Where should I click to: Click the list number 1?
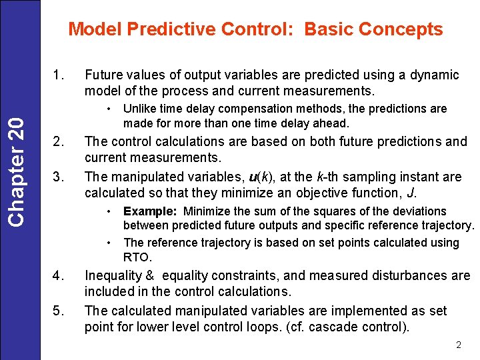(58, 75)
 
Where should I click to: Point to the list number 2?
(58, 142)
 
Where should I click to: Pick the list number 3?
(58, 177)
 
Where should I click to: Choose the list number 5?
(58, 311)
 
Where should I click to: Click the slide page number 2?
(458, 345)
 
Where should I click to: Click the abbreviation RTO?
(137, 257)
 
